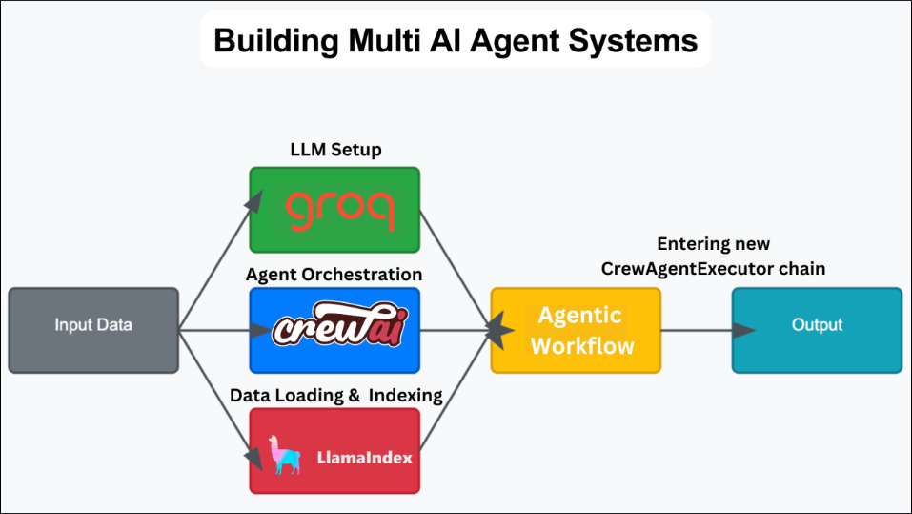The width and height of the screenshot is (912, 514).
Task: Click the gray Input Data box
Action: click(93, 330)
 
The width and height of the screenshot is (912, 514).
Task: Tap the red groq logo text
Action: click(340, 210)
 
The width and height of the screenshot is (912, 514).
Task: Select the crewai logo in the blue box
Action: click(339, 323)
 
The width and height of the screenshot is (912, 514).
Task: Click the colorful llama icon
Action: click(284, 455)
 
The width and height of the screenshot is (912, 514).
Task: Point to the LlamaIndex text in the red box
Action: click(365, 458)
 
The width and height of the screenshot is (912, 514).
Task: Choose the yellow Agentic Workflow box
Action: click(576, 330)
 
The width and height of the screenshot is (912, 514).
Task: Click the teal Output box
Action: click(818, 330)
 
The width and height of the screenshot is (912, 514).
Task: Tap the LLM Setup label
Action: click(336, 150)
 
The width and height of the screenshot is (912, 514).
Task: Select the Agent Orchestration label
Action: click(334, 275)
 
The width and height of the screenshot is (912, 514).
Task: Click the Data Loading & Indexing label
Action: click(336, 395)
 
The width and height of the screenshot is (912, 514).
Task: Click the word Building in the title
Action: click(276, 41)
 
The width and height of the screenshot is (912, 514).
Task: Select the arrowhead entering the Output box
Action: click(744, 330)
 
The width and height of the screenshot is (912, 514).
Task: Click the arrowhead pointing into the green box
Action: click(254, 201)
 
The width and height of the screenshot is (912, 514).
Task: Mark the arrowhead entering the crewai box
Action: click(261, 330)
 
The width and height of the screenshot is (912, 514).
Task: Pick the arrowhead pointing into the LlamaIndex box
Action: click(254, 458)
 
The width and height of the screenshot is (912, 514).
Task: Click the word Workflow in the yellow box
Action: click(582, 346)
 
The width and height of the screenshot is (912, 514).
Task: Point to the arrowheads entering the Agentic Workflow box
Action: click(499, 330)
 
